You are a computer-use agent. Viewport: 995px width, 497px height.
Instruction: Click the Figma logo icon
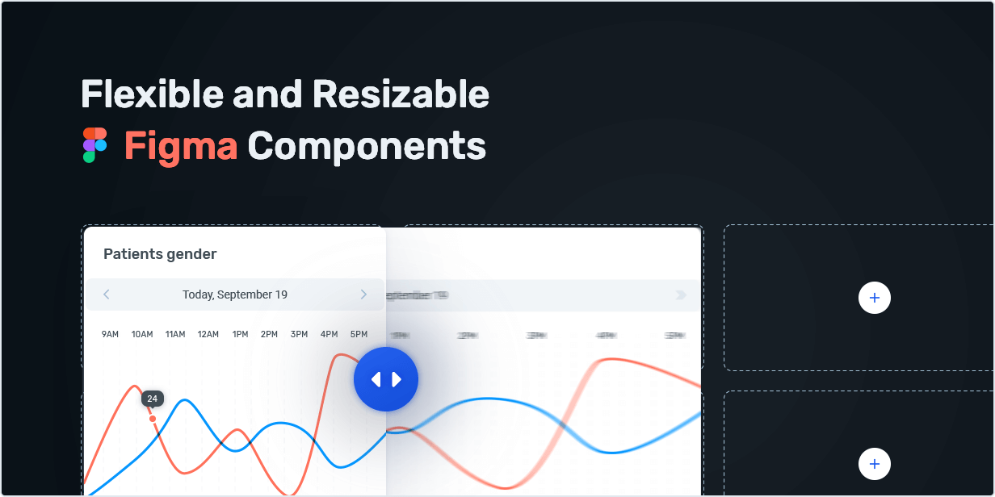[x=94, y=145]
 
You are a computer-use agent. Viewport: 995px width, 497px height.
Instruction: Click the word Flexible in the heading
[x=141, y=94]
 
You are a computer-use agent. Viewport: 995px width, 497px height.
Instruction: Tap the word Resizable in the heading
[x=401, y=94]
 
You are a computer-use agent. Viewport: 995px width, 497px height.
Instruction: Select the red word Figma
[x=181, y=146]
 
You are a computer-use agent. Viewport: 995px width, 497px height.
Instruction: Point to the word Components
[x=367, y=146]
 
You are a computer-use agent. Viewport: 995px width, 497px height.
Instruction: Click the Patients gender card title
[x=160, y=254]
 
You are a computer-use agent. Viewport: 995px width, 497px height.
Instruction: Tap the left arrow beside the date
[x=107, y=294]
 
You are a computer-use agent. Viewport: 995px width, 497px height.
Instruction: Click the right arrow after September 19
[x=363, y=294]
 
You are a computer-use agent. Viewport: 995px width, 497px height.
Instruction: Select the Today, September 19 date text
[x=235, y=294]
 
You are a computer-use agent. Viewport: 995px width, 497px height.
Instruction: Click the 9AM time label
[x=111, y=334]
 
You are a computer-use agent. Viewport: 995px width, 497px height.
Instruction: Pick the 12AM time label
[x=208, y=334]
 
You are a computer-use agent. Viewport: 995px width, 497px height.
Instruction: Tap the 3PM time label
[x=299, y=334]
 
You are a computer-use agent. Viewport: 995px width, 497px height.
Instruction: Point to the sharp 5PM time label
[x=359, y=334]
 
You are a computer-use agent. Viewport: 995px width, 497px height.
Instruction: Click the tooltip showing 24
[x=152, y=399]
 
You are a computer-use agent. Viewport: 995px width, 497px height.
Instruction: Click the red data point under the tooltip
[x=153, y=418]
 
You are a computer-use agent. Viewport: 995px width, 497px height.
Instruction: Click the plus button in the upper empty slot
[x=874, y=298]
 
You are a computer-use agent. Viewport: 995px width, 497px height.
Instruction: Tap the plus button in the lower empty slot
[x=874, y=464]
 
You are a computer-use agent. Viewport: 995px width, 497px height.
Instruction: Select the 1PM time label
[x=240, y=334]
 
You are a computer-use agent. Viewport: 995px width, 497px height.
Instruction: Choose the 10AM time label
[x=142, y=334]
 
